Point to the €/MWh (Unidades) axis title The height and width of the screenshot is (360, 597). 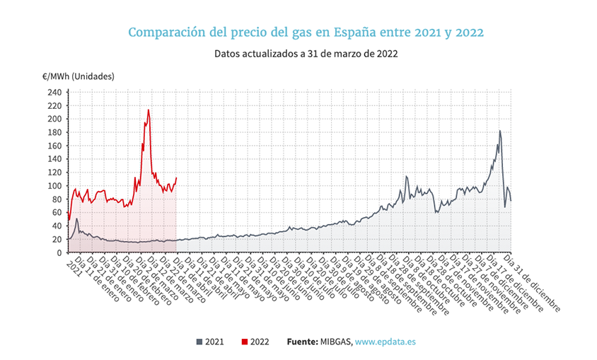click(78, 76)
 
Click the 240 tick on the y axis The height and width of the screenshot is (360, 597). click(54, 92)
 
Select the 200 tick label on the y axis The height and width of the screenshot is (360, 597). click(54, 119)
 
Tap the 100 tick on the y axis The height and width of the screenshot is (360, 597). click(54, 186)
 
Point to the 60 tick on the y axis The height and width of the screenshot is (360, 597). click(57, 213)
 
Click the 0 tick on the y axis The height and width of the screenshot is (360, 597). click(59, 240)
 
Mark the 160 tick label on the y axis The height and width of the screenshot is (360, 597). click(54, 146)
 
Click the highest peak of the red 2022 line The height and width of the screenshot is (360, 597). click(149, 110)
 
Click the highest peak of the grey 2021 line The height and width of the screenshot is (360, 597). click(500, 131)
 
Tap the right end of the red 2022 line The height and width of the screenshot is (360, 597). click(176, 178)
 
